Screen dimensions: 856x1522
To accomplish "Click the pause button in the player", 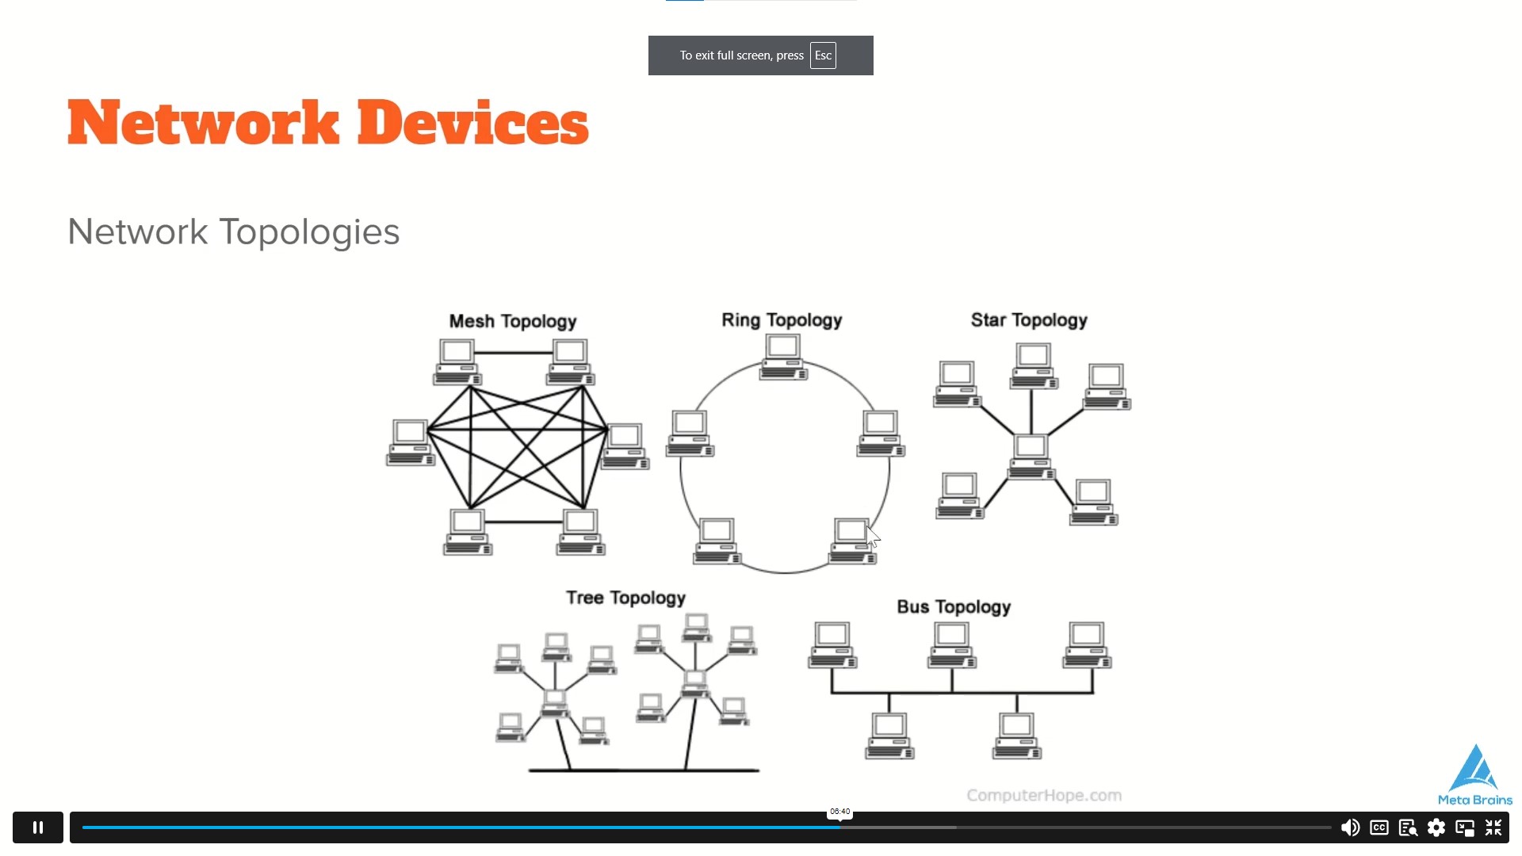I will point(37,827).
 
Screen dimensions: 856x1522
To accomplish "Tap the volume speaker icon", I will point(1350,827).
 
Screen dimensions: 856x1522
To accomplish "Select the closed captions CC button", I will point(1379,827).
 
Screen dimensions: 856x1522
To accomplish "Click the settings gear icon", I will point(1436,827).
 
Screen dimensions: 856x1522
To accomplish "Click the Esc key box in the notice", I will point(823,55).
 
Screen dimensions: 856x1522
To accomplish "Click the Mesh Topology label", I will point(513,321).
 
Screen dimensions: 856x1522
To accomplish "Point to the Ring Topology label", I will point(782,320).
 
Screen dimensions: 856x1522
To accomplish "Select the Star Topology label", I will point(1029,320).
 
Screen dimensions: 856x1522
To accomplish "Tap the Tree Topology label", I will point(625,598).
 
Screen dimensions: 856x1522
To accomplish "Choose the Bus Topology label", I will point(954,606).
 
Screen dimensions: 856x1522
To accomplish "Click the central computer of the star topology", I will point(1031,456).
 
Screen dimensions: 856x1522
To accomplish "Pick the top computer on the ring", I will point(783,357).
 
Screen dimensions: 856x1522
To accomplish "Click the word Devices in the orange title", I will point(472,123).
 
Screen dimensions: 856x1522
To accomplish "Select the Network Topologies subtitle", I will point(234,231).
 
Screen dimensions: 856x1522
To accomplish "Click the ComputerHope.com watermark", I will point(1044,795).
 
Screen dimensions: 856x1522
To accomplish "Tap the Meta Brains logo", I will point(1475,775).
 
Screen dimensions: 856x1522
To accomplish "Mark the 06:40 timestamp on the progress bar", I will point(839,812).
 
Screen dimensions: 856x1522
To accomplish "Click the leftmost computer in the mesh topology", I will point(411,442).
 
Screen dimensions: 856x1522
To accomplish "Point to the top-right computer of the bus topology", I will point(1087,644).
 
